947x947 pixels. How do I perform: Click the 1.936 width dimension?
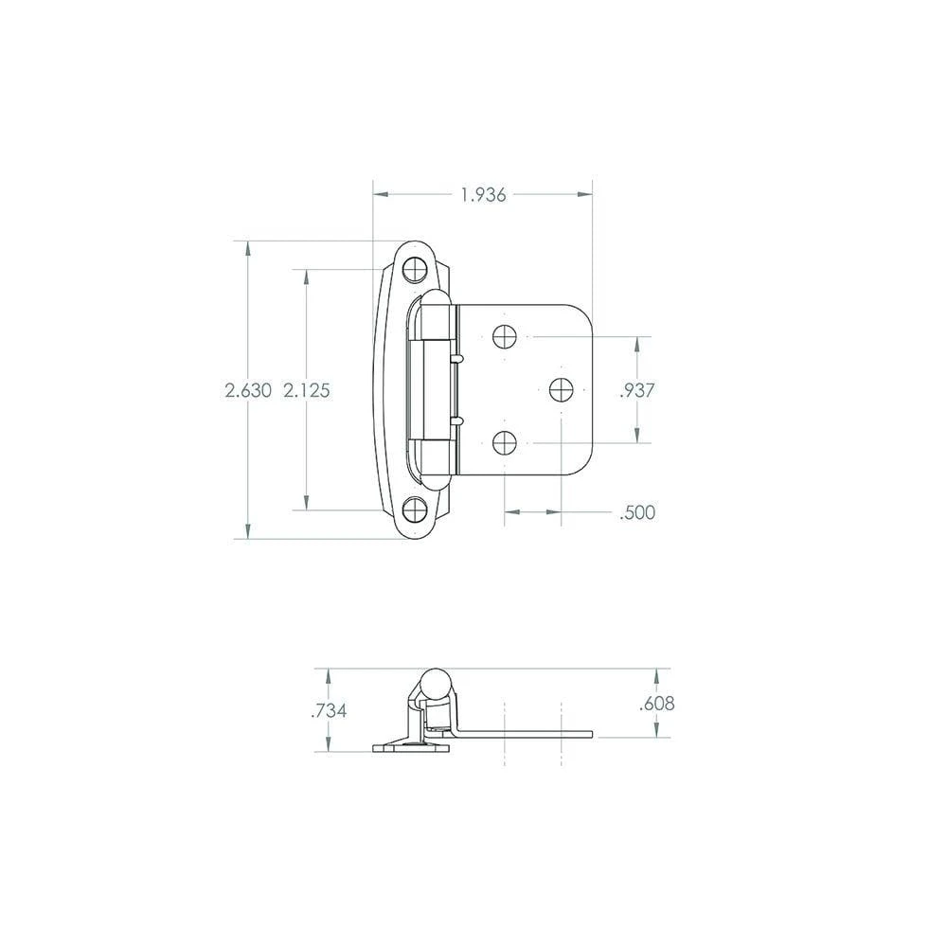[483, 195]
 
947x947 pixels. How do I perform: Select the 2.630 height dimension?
[248, 390]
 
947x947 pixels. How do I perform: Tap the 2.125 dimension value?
[307, 390]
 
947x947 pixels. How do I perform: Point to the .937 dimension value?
[637, 390]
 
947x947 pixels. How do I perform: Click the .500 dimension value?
[637, 512]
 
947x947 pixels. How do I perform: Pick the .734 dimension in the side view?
[329, 710]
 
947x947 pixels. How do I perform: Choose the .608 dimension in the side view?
[657, 703]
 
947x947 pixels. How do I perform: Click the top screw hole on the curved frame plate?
[415, 269]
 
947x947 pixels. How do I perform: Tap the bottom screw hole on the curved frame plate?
[415, 509]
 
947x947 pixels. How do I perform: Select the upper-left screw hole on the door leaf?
[505, 336]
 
